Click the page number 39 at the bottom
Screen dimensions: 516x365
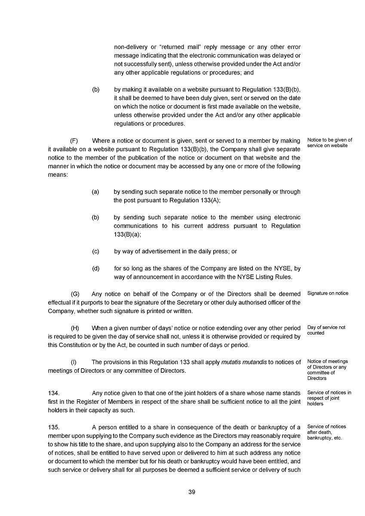click(192, 492)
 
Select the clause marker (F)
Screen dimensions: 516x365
click(74, 141)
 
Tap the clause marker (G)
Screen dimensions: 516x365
click(75, 294)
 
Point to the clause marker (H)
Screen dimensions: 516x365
click(75, 328)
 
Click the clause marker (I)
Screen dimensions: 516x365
click(74, 362)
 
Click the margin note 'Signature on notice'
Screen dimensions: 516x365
click(328, 293)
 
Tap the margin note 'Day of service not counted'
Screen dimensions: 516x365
click(326, 330)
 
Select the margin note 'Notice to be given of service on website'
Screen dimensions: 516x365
click(330, 143)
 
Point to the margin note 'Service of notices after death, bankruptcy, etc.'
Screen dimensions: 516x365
click(327, 432)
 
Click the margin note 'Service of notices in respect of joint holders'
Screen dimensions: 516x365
click(329, 398)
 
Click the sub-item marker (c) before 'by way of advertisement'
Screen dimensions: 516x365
click(95, 252)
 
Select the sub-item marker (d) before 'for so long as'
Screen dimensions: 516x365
click(95, 268)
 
